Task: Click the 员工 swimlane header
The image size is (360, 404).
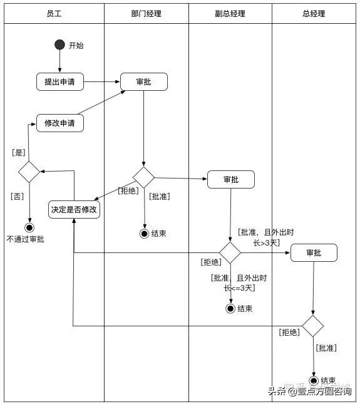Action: (x=54, y=14)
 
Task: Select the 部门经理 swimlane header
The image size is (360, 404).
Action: (x=146, y=14)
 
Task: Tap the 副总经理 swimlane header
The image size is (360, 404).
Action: (x=230, y=14)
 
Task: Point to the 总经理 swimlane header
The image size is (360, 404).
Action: (x=314, y=14)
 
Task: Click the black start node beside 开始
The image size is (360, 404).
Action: (x=60, y=44)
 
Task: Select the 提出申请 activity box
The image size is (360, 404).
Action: (x=60, y=81)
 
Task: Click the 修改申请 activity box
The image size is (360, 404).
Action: (x=60, y=123)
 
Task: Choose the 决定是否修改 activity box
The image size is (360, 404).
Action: (x=75, y=209)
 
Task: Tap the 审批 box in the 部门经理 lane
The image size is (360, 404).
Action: (x=144, y=81)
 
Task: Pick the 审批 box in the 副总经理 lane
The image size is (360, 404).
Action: (x=230, y=179)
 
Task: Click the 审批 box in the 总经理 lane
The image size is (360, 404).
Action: (x=314, y=252)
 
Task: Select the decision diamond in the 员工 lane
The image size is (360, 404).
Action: (x=29, y=172)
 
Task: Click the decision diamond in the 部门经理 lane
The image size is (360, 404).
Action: (x=144, y=177)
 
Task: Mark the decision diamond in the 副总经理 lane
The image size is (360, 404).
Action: (x=230, y=252)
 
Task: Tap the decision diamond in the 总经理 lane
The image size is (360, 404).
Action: (x=313, y=326)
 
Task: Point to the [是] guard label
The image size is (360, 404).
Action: (x=18, y=152)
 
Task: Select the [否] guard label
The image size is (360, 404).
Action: (x=18, y=196)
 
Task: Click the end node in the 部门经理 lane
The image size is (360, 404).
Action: (x=145, y=234)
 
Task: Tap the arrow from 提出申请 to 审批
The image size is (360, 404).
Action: (x=102, y=81)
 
